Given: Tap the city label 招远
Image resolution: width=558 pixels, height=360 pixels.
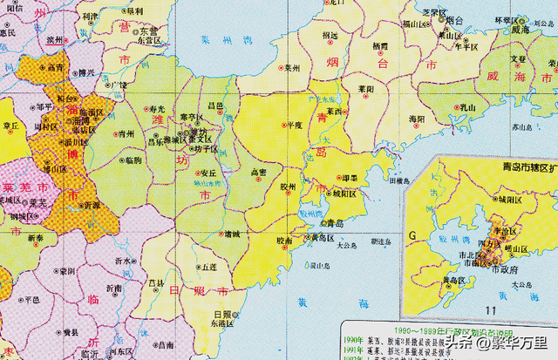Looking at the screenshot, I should pos(330,35).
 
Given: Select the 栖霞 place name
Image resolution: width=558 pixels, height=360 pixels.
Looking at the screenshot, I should pos(380,44).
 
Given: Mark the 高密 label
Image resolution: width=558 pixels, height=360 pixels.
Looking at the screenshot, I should pos(258,172).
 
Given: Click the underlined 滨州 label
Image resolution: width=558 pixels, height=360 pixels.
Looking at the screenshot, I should pos(54,39).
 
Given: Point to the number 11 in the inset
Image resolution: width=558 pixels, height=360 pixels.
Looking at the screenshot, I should pos(493,310).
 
